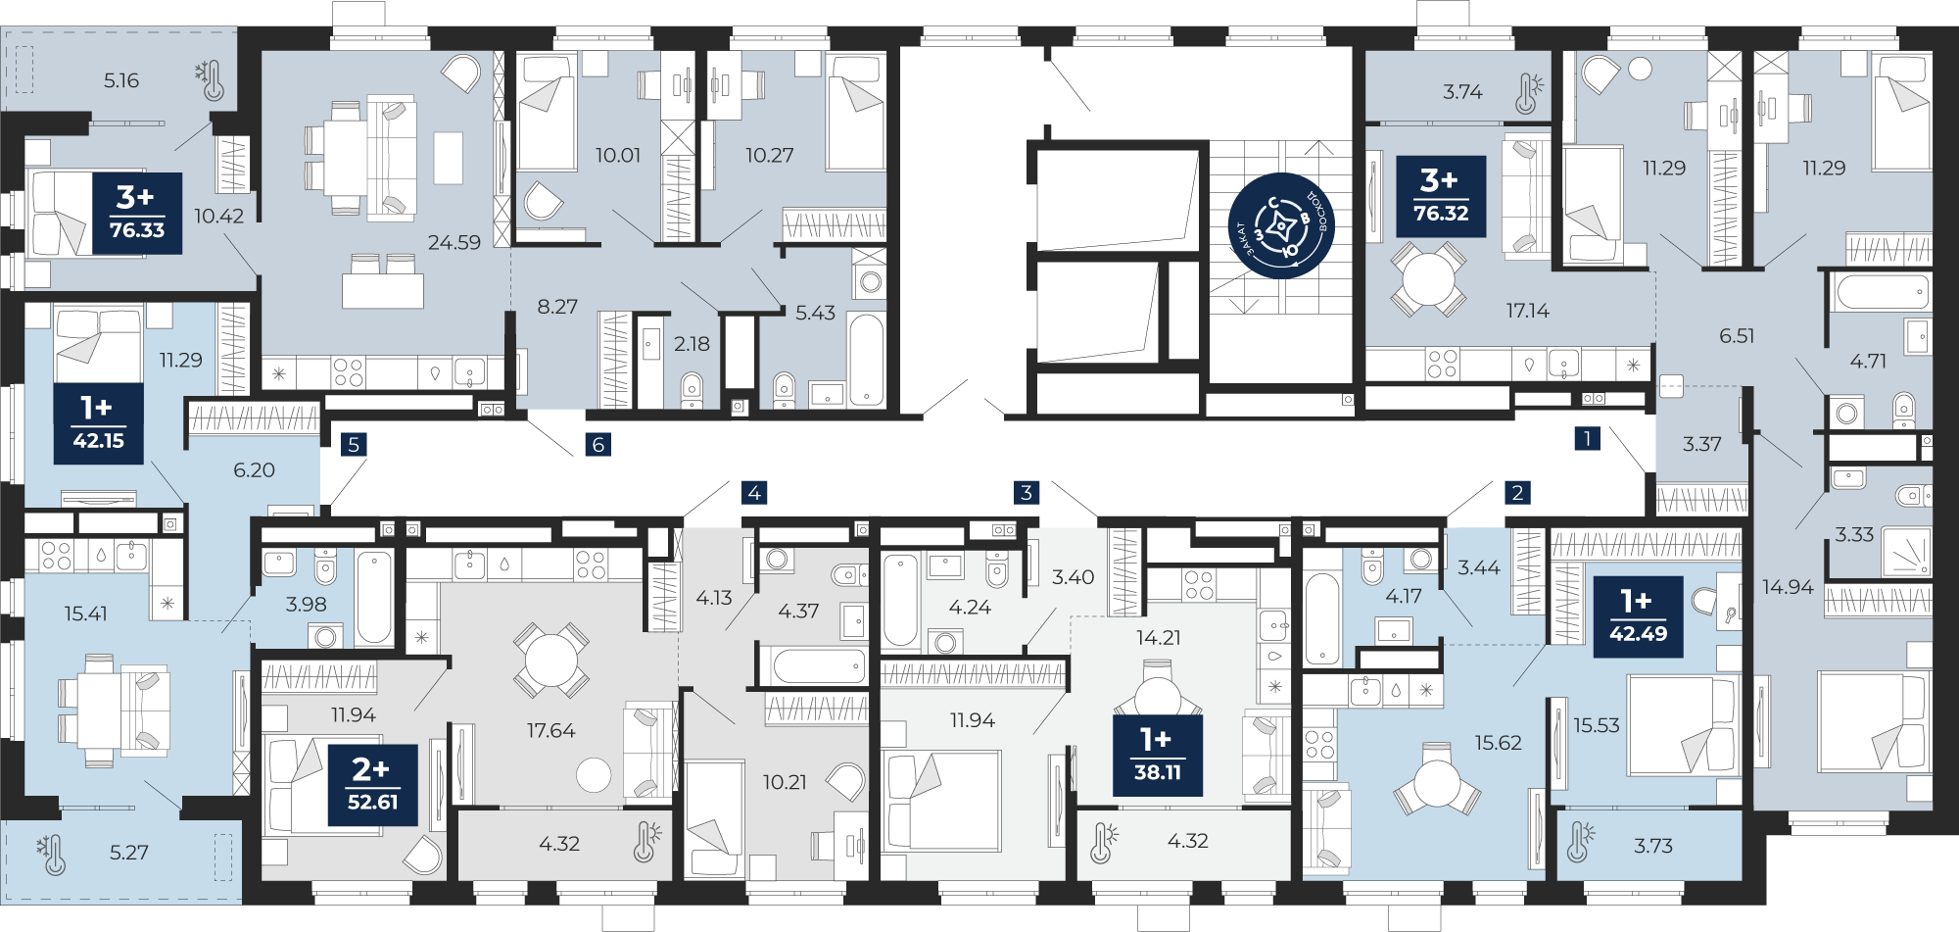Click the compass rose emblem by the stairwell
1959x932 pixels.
pos(1281,226)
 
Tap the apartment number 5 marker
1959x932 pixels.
pos(354,444)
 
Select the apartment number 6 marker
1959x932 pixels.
pos(598,444)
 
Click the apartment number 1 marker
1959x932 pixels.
pos(1587,438)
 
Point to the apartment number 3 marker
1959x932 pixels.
pos(1027,492)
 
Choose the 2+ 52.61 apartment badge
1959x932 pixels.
pos(373,785)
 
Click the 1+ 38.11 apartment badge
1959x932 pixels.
pos(1158,755)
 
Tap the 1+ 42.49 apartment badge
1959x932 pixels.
pos(1638,616)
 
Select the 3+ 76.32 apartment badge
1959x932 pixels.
pos(1441,196)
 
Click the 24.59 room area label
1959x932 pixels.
pos(454,242)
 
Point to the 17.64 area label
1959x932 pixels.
pos(550,730)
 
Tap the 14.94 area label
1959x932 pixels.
pos(1788,587)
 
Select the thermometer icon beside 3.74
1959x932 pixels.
pos(1528,93)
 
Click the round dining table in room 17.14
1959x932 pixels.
pos(1428,279)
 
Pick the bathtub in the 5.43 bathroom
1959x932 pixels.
pos(866,359)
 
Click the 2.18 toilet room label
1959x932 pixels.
pos(692,344)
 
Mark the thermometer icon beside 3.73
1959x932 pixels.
pos(1579,842)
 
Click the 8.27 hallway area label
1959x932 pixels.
pos(557,307)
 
